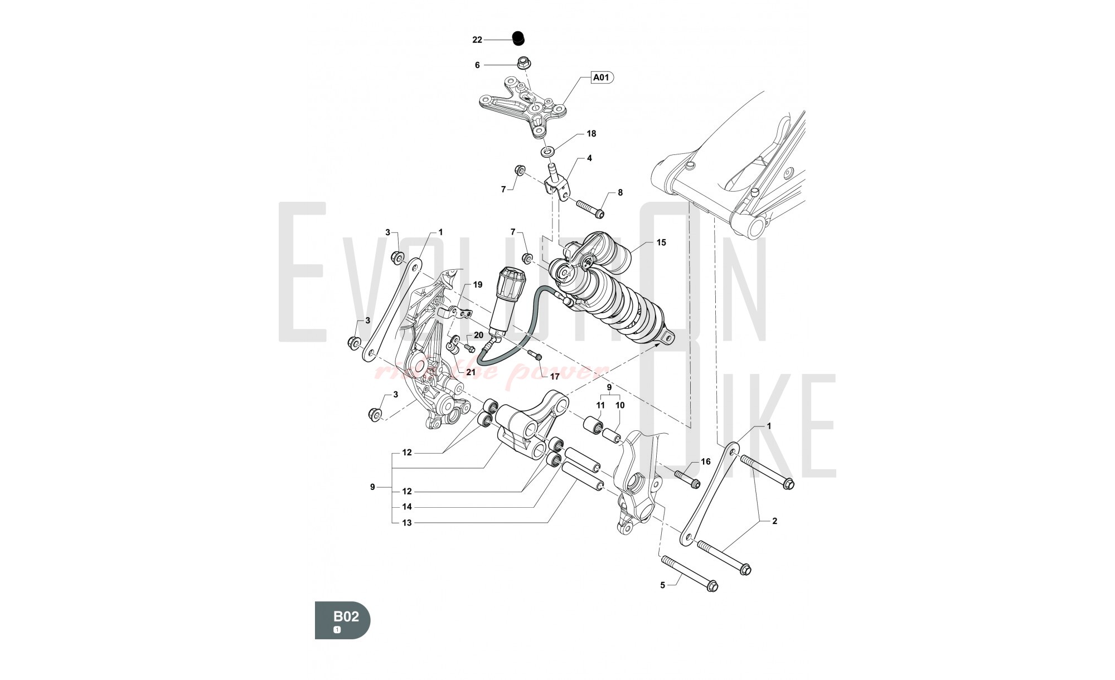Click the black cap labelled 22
pyautogui.click(x=519, y=38)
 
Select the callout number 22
pyautogui.click(x=477, y=40)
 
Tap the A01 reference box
pyautogui.click(x=600, y=77)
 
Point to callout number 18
pyautogui.click(x=591, y=134)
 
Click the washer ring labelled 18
pyautogui.click(x=548, y=151)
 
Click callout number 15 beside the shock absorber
pyautogui.click(x=661, y=242)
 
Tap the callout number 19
pyautogui.click(x=477, y=285)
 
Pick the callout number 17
pyautogui.click(x=554, y=377)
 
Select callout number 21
pyautogui.click(x=471, y=372)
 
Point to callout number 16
pyautogui.click(x=705, y=462)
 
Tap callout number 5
pyautogui.click(x=662, y=585)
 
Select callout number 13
pyautogui.click(x=406, y=523)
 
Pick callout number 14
pyautogui.click(x=406, y=507)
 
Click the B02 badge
pyautogui.click(x=342, y=620)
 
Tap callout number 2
pyautogui.click(x=774, y=521)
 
